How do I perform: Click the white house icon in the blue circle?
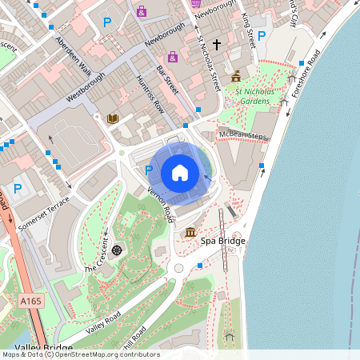click(180, 172)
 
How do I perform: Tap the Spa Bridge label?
click(223, 241)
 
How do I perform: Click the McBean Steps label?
click(246, 136)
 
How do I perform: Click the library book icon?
click(112, 118)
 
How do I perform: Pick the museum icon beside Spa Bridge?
click(190, 232)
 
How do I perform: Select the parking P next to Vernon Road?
click(148, 170)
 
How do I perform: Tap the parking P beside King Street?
click(261, 35)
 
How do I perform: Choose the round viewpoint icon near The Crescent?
click(117, 250)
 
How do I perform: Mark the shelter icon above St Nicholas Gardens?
click(236, 77)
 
